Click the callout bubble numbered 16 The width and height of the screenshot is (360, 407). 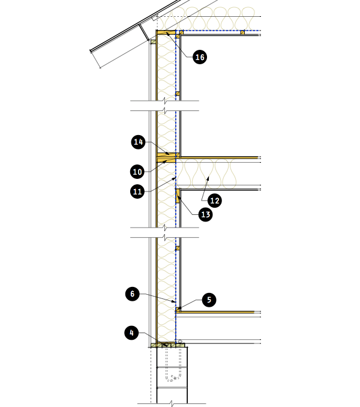(200, 57)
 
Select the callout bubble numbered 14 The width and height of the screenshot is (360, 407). (138, 142)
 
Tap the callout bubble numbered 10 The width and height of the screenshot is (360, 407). (137, 172)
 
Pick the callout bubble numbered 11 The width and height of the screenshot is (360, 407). (137, 191)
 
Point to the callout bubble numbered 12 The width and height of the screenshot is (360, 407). (215, 200)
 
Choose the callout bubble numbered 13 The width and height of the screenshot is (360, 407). (205, 215)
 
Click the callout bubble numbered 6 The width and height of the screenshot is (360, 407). (132, 294)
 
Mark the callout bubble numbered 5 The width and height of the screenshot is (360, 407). (209, 300)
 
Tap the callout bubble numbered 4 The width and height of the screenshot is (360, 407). (131, 333)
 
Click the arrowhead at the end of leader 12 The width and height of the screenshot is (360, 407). (208, 178)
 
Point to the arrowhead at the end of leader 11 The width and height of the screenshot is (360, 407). (174, 178)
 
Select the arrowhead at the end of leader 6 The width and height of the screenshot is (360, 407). (174, 301)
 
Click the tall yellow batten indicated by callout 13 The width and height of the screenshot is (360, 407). (178, 196)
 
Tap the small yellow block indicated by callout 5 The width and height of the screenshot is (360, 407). (178, 309)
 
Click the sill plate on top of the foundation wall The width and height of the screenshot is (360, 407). (168, 345)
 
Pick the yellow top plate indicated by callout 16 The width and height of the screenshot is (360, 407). (166, 32)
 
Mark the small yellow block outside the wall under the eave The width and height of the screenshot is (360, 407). (153, 41)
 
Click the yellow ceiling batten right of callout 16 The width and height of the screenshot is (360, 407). (242, 32)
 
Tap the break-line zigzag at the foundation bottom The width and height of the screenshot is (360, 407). (172, 403)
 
